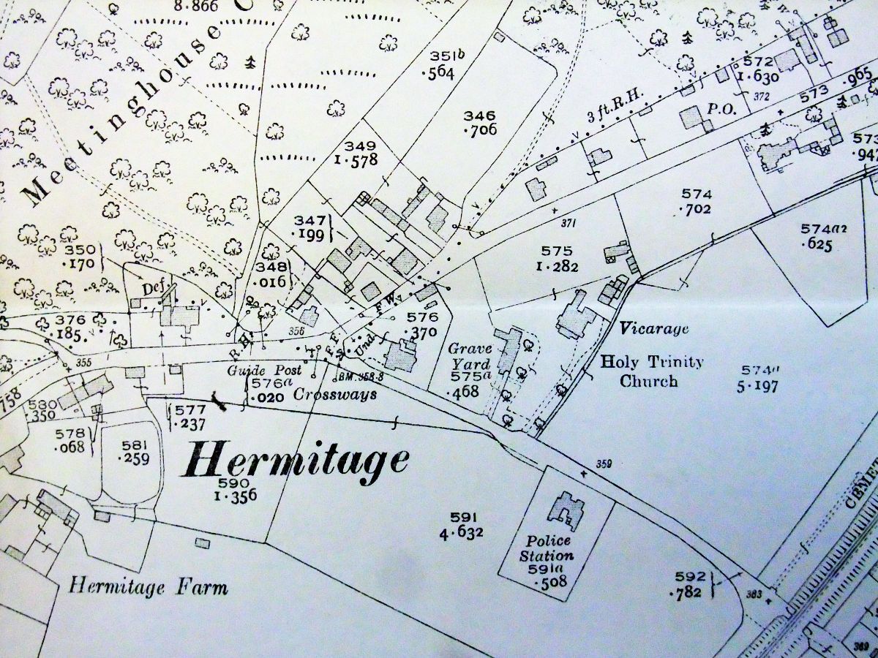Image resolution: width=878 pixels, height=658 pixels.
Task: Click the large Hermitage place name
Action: [x=296, y=461]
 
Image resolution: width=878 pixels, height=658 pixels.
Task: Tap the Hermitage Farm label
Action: [x=149, y=586]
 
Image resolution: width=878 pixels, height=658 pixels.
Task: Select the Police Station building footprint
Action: [x=563, y=510]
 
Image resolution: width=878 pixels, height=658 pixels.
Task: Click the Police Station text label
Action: [x=549, y=548]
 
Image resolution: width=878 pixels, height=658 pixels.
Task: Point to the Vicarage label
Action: [x=653, y=329]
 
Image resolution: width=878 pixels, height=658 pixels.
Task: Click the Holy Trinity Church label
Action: [x=651, y=371]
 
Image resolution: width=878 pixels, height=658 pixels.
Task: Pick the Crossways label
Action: [x=335, y=395]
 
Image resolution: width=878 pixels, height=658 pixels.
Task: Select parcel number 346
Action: [x=479, y=116]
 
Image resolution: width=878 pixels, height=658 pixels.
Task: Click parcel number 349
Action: [x=361, y=145]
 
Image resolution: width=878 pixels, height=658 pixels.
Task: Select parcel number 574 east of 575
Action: [x=696, y=194]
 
